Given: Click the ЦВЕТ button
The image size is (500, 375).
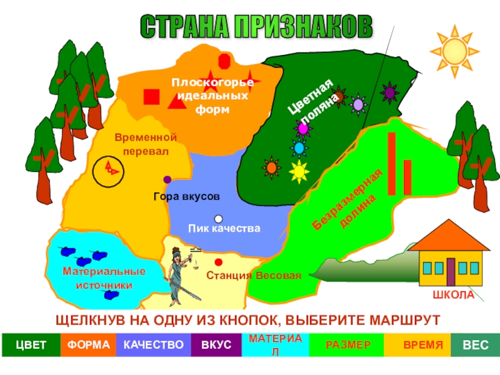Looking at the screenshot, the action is [x=31, y=345].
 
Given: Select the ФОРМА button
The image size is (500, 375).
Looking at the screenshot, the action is [x=89, y=345].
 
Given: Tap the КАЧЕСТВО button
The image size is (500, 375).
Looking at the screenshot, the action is [x=153, y=345].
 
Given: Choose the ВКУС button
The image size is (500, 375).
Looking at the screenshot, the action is [x=216, y=345].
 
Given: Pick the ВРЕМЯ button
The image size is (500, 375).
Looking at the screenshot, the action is [x=422, y=345].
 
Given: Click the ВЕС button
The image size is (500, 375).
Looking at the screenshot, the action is [x=475, y=345].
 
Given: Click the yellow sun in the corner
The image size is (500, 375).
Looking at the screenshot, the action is [x=454, y=49].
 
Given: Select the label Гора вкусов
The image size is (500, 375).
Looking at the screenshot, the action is [x=186, y=196].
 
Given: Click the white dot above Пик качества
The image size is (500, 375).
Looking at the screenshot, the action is [x=218, y=219].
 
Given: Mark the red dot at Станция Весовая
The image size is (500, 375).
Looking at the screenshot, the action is [x=218, y=262].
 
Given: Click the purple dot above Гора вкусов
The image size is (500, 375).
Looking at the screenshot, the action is [x=167, y=179].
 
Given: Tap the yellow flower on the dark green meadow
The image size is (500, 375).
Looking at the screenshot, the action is [x=299, y=170].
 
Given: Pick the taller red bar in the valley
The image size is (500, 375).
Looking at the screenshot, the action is [x=392, y=164].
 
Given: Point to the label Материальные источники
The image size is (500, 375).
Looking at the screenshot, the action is [x=104, y=278].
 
